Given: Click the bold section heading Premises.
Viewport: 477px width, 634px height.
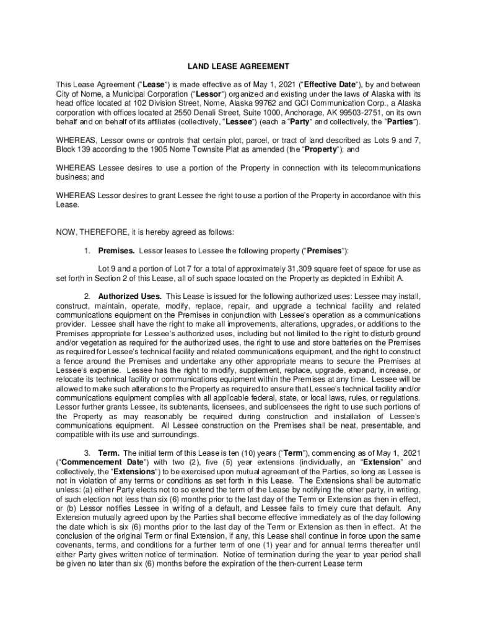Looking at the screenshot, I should (x=116, y=251).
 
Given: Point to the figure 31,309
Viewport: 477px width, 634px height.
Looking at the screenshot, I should (x=304, y=269).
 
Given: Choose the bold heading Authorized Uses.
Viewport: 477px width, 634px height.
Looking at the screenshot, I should (x=129, y=296).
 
